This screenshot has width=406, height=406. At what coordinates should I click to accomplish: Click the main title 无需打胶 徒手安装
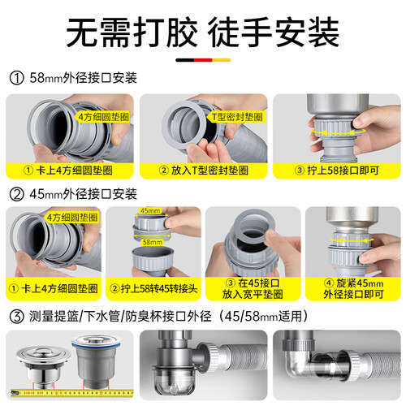[202, 32]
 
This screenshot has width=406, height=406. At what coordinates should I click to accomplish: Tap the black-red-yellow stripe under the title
[203, 60]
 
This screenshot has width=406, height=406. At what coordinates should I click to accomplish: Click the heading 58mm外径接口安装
[83, 78]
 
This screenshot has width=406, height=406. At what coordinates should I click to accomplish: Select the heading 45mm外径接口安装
[83, 194]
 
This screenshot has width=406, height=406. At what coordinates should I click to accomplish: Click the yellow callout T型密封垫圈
[236, 117]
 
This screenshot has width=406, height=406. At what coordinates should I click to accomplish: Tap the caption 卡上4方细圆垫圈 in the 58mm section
[74, 171]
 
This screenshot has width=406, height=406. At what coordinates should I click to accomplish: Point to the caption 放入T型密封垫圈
[209, 171]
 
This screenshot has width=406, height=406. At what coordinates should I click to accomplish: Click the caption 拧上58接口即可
[343, 171]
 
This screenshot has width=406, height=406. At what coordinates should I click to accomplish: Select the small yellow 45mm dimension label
[150, 210]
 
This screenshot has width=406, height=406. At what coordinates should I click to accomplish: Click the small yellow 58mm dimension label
[153, 242]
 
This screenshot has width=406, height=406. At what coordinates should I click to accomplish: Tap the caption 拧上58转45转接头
[158, 289]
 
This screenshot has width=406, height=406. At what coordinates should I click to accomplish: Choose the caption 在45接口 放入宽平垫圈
[253, 288]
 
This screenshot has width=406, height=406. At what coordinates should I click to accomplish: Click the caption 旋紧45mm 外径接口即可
[353, 288]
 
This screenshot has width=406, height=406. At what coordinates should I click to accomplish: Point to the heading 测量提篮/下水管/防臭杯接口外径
[120, 316]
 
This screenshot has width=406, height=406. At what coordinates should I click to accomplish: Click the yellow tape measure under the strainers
[72, 392]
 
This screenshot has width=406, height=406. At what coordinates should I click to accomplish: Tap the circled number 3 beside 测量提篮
[17, 317]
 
